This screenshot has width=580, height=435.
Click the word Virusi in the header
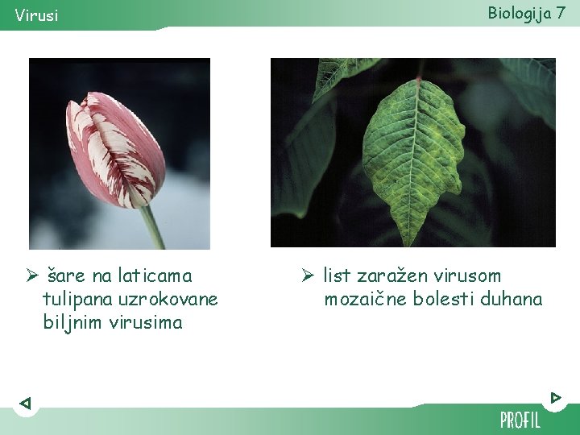pos(36,15)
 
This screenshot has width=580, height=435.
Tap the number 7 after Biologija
pos(560,12)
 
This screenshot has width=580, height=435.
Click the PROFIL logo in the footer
pos(520,420)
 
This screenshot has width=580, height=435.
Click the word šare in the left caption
pos(66,275)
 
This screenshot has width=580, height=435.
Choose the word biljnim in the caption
pos(71,322)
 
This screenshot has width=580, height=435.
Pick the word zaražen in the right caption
pos(396,275)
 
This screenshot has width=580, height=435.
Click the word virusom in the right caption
pos(470,275)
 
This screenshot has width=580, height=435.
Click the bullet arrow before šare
pos(32,276)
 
